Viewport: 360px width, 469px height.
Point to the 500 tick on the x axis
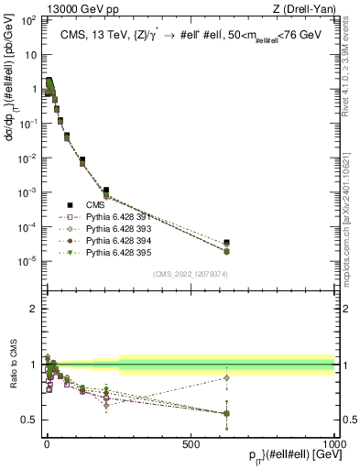tap(191, 442)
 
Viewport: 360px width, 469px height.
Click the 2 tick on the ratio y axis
tap(32, 309)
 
